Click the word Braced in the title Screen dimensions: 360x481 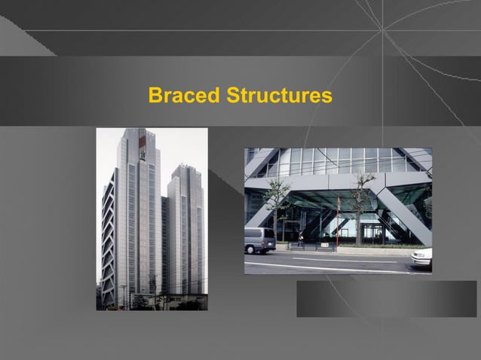(x=184, y=96)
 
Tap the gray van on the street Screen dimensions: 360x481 (x=259, y=240)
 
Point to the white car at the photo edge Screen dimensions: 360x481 (x=422, y=258)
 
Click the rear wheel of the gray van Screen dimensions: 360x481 (x=269, y=250)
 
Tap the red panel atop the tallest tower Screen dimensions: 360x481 (x=141, y=143)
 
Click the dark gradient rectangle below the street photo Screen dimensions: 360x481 (x=386, y=298)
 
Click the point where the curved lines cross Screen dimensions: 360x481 (x=383, y=30)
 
